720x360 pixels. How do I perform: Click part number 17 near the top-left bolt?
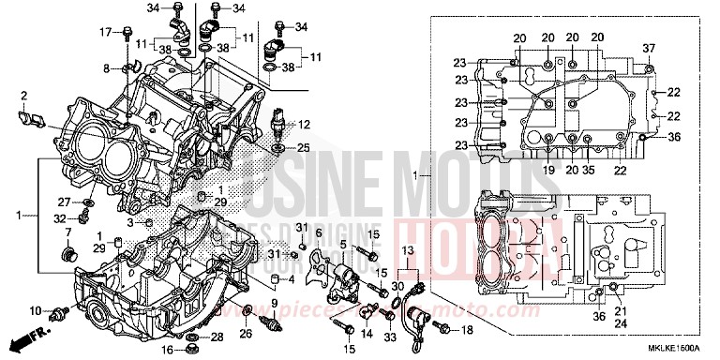105,33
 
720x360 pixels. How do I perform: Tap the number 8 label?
107,67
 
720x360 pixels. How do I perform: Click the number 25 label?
303,148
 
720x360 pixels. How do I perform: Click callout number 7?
67,232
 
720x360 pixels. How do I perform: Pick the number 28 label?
217,337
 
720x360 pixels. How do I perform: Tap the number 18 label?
468,330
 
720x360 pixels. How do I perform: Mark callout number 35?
589,170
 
